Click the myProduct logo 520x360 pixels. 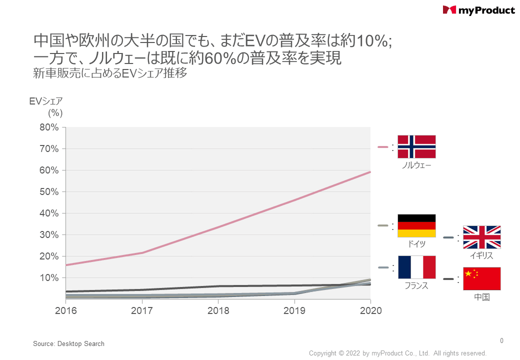coord(478,10)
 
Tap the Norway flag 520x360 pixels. coord(416,146)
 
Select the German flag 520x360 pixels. coord(416,225)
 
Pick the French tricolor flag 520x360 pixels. coord(416,267)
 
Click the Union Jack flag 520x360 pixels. coord(481,237)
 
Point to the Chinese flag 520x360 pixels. coord(481,278)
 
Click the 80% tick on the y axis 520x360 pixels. coord(49,127)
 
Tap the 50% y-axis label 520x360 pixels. coord(49,192)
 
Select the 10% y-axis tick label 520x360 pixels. coord(49,278)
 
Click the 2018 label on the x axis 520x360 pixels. coord(218,310)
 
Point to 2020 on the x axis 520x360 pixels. coord(370,310)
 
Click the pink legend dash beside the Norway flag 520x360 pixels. coord(383,147)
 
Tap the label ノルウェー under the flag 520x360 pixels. coord(416,165)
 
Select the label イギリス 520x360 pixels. coord(481,255)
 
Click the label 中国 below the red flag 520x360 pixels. coord(481,297)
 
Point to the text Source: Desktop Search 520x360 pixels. coord(68,343)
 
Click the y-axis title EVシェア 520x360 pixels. coord(45,101)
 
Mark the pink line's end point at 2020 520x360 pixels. coord(370,172)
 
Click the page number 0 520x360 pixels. coord(501,341)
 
